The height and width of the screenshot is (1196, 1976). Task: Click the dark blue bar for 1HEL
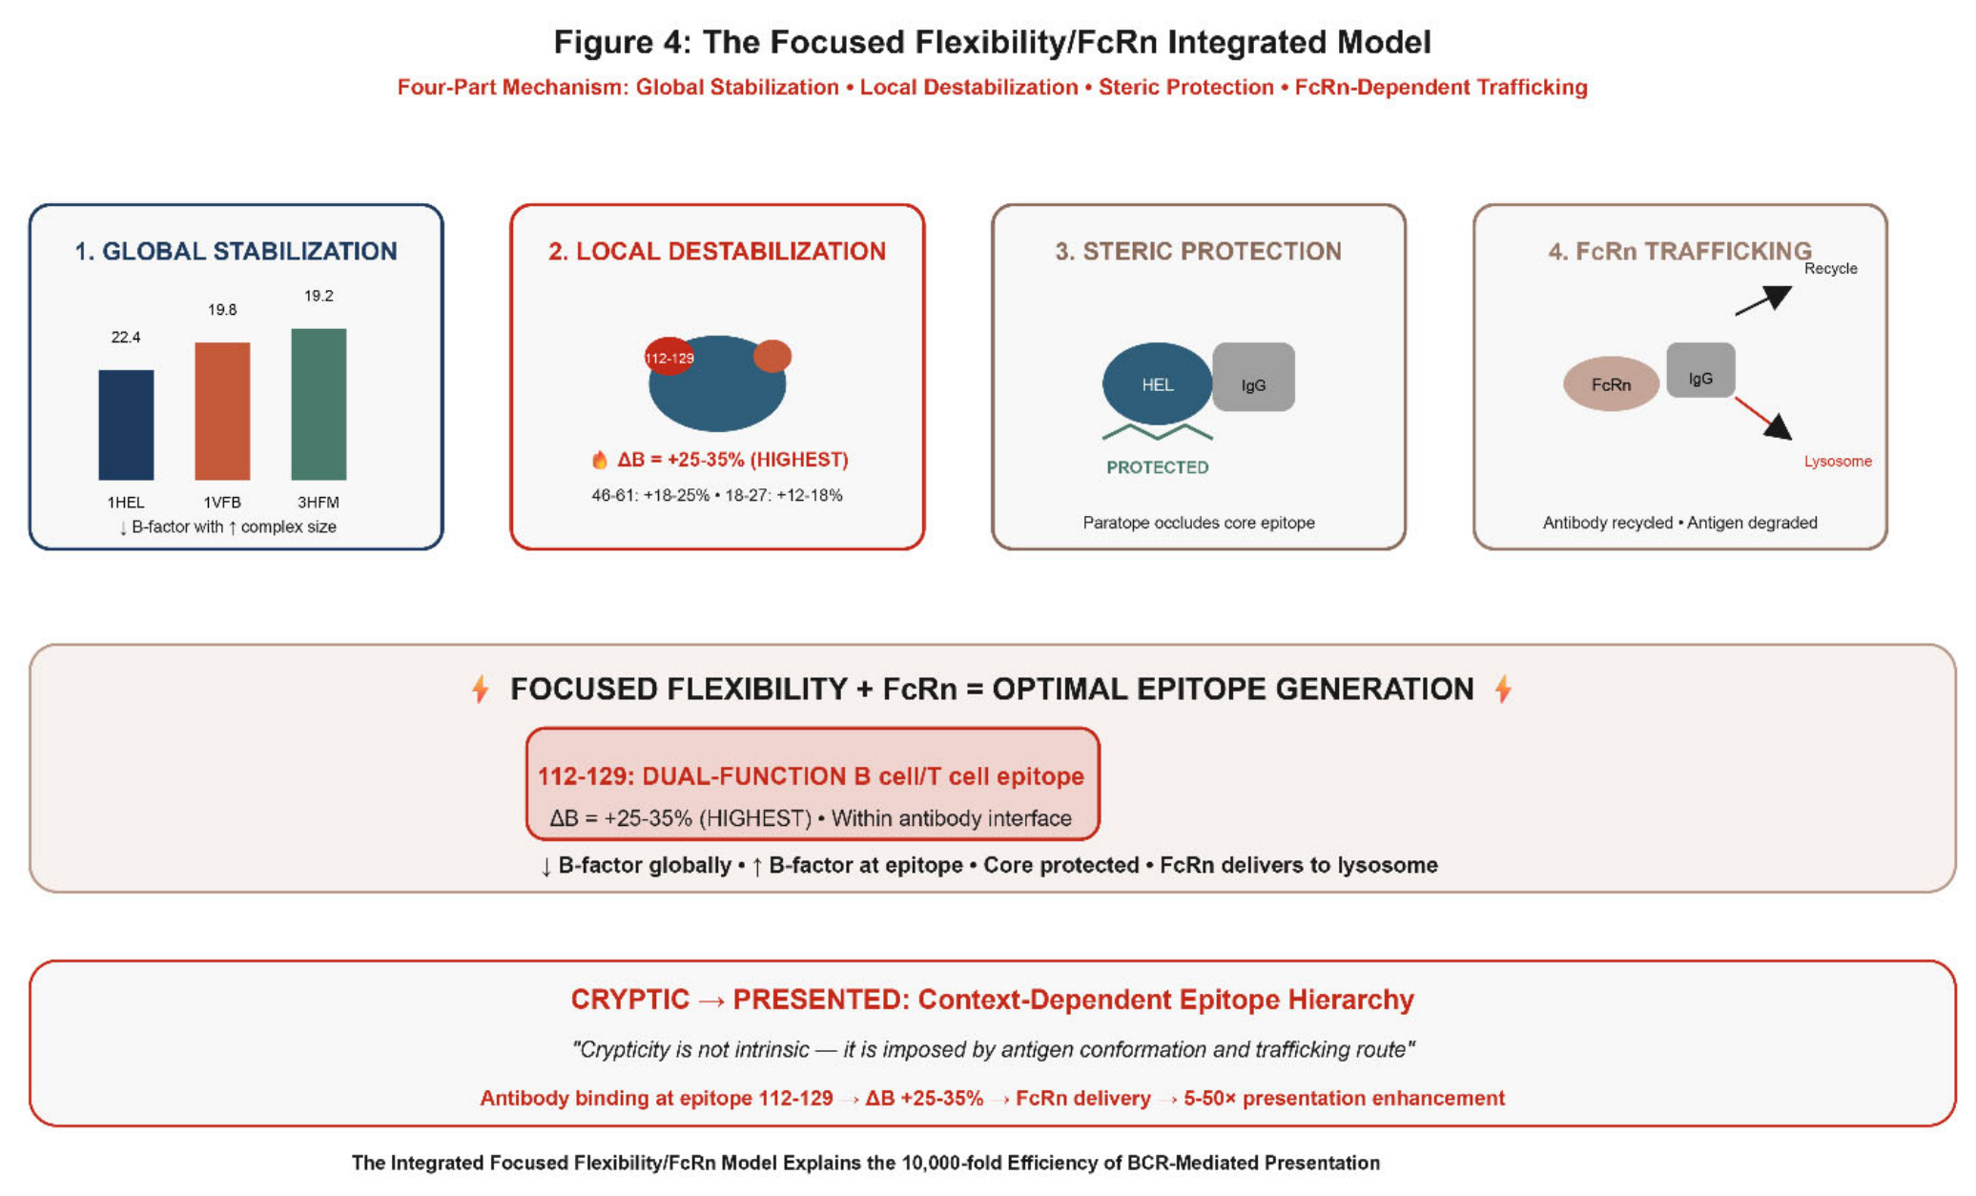pos(126,424)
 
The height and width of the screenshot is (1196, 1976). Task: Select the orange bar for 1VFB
pos(222,411)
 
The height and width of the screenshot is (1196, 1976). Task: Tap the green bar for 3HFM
pos(319,404)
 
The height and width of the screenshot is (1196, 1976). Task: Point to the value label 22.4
pos(126,337)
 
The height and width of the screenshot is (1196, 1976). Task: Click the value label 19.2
pos(319,296)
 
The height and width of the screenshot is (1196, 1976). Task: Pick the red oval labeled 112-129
pos(669,357)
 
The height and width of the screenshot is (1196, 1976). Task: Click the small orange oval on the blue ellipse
pos(772,356)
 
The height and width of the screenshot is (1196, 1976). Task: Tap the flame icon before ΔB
pos(600,460)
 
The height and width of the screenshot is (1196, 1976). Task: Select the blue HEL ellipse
pos(1158,383)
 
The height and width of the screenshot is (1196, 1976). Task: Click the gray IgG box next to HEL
pos(1254,377)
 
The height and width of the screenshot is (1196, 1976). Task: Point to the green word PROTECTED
pos(1158,467)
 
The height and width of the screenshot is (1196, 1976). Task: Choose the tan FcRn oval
pos(1611,383)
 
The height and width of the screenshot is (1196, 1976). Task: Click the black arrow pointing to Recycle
pos(1763,300)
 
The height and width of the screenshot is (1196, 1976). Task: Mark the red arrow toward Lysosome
pos(1763,419)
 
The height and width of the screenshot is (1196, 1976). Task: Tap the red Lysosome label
pos(1838,462)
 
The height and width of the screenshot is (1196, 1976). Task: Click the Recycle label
pos(1831,268)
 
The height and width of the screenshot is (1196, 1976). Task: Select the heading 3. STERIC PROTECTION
pos(1198,251)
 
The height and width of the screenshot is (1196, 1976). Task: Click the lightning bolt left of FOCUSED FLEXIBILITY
pos(481,689)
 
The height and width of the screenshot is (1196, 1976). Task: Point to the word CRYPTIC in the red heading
pos(629,1000)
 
